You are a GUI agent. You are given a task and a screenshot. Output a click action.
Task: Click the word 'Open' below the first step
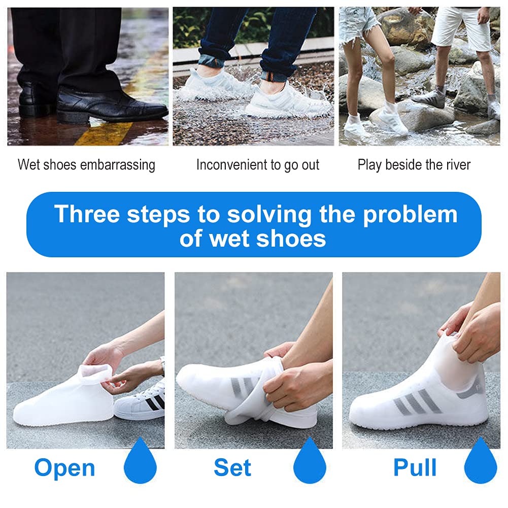(x=64, y=468)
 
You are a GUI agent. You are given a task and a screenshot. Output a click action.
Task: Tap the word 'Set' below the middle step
(x=232, y=467)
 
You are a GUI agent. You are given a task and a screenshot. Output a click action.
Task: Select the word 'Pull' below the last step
(x=415, y=467)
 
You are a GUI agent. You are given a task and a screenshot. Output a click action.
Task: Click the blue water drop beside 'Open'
(x=140, y=460)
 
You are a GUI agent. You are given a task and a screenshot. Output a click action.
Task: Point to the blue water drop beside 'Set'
(x=310, y=460)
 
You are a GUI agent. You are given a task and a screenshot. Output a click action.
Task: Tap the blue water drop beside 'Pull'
(x=481, y=460)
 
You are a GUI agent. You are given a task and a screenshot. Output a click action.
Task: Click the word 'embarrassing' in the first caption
(x=118, y=165)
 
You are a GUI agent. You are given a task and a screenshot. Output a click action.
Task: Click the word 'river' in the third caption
(x=458, y=164)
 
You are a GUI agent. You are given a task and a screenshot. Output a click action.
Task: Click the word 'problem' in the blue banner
(x=410, y=215)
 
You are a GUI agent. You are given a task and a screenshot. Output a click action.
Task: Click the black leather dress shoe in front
(x=112, y=105)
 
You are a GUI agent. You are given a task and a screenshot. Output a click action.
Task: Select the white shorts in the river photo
(x=462, y=27)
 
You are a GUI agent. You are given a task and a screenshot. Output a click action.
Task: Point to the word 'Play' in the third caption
(x=369, y=165)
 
